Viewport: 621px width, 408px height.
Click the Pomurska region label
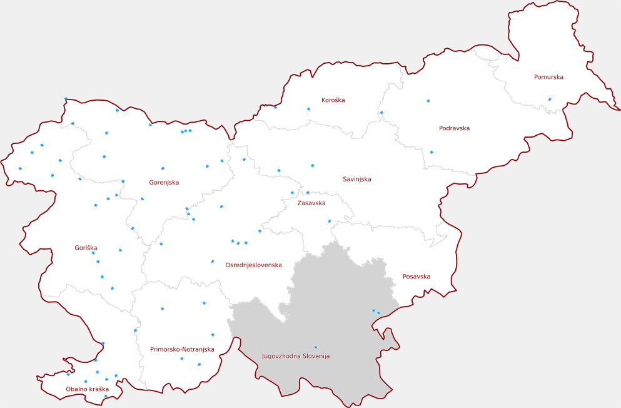click(x=548, y=78)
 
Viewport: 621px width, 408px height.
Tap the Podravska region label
click(x=454, y=128)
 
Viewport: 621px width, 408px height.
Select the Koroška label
click(x=333, y=100)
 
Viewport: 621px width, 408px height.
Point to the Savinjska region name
click(x=356, y=180)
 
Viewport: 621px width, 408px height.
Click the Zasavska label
click(x=311, y=203)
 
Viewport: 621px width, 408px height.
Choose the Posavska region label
click(x=417, y=277)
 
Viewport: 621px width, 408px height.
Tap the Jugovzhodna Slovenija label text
click(x=295, y=356)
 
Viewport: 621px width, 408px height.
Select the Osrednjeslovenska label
click(x=253, y=265)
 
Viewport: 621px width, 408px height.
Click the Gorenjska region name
click(x=164, y=183)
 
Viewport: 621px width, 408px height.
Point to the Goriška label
click(x=86, y=248)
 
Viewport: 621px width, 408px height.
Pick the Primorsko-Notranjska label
click(x=182, y=349)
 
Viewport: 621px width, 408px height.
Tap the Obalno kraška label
click(x=88, y=389)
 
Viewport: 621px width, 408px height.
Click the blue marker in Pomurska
click(x=550, y=99)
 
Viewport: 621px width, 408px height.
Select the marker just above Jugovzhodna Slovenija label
click(x=315, y=347)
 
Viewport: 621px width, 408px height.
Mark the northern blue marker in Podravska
click(x=428, y=101)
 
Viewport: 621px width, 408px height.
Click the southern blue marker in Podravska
click(x=432, y=152)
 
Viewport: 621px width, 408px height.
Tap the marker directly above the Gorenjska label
click(x=163, y=168)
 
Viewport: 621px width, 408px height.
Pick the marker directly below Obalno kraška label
click(x=105, y=396)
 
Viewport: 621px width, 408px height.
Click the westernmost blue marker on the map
click(x=20, y=168)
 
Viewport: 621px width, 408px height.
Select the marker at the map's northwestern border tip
click(x=66, y=98)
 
